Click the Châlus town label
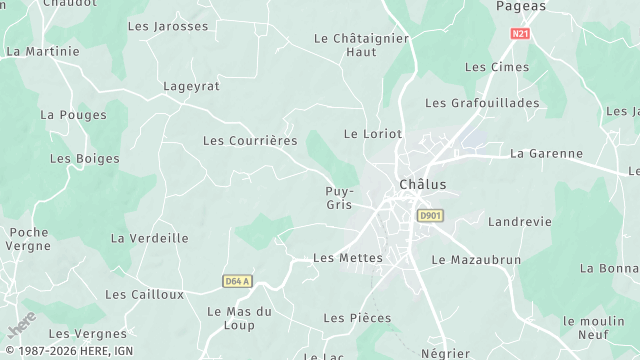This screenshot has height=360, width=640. (x=422, y=184)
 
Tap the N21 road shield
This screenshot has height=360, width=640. (x=519, y=33)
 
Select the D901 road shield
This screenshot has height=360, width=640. (x=430, y=215)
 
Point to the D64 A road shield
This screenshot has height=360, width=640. (x=238, y=281)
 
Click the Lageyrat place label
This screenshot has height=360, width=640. (x=191, y=87)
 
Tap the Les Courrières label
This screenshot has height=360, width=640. (x=250, y=141)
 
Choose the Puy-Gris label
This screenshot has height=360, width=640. (x=339, y=197)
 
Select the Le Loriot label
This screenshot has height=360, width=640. (x=372, y=133)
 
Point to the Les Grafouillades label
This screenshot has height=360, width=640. (x=482, y=103)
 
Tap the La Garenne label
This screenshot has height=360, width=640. (x=546, y=154)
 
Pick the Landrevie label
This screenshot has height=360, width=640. (x=520, y=222)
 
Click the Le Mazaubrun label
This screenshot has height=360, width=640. (x=476, y=259)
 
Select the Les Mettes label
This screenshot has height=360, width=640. (x=348, y=258)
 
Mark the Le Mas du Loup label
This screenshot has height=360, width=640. (x=239, y=318)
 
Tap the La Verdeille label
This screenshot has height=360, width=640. (x=150, y=238)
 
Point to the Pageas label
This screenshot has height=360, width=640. (x=521, y=6)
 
